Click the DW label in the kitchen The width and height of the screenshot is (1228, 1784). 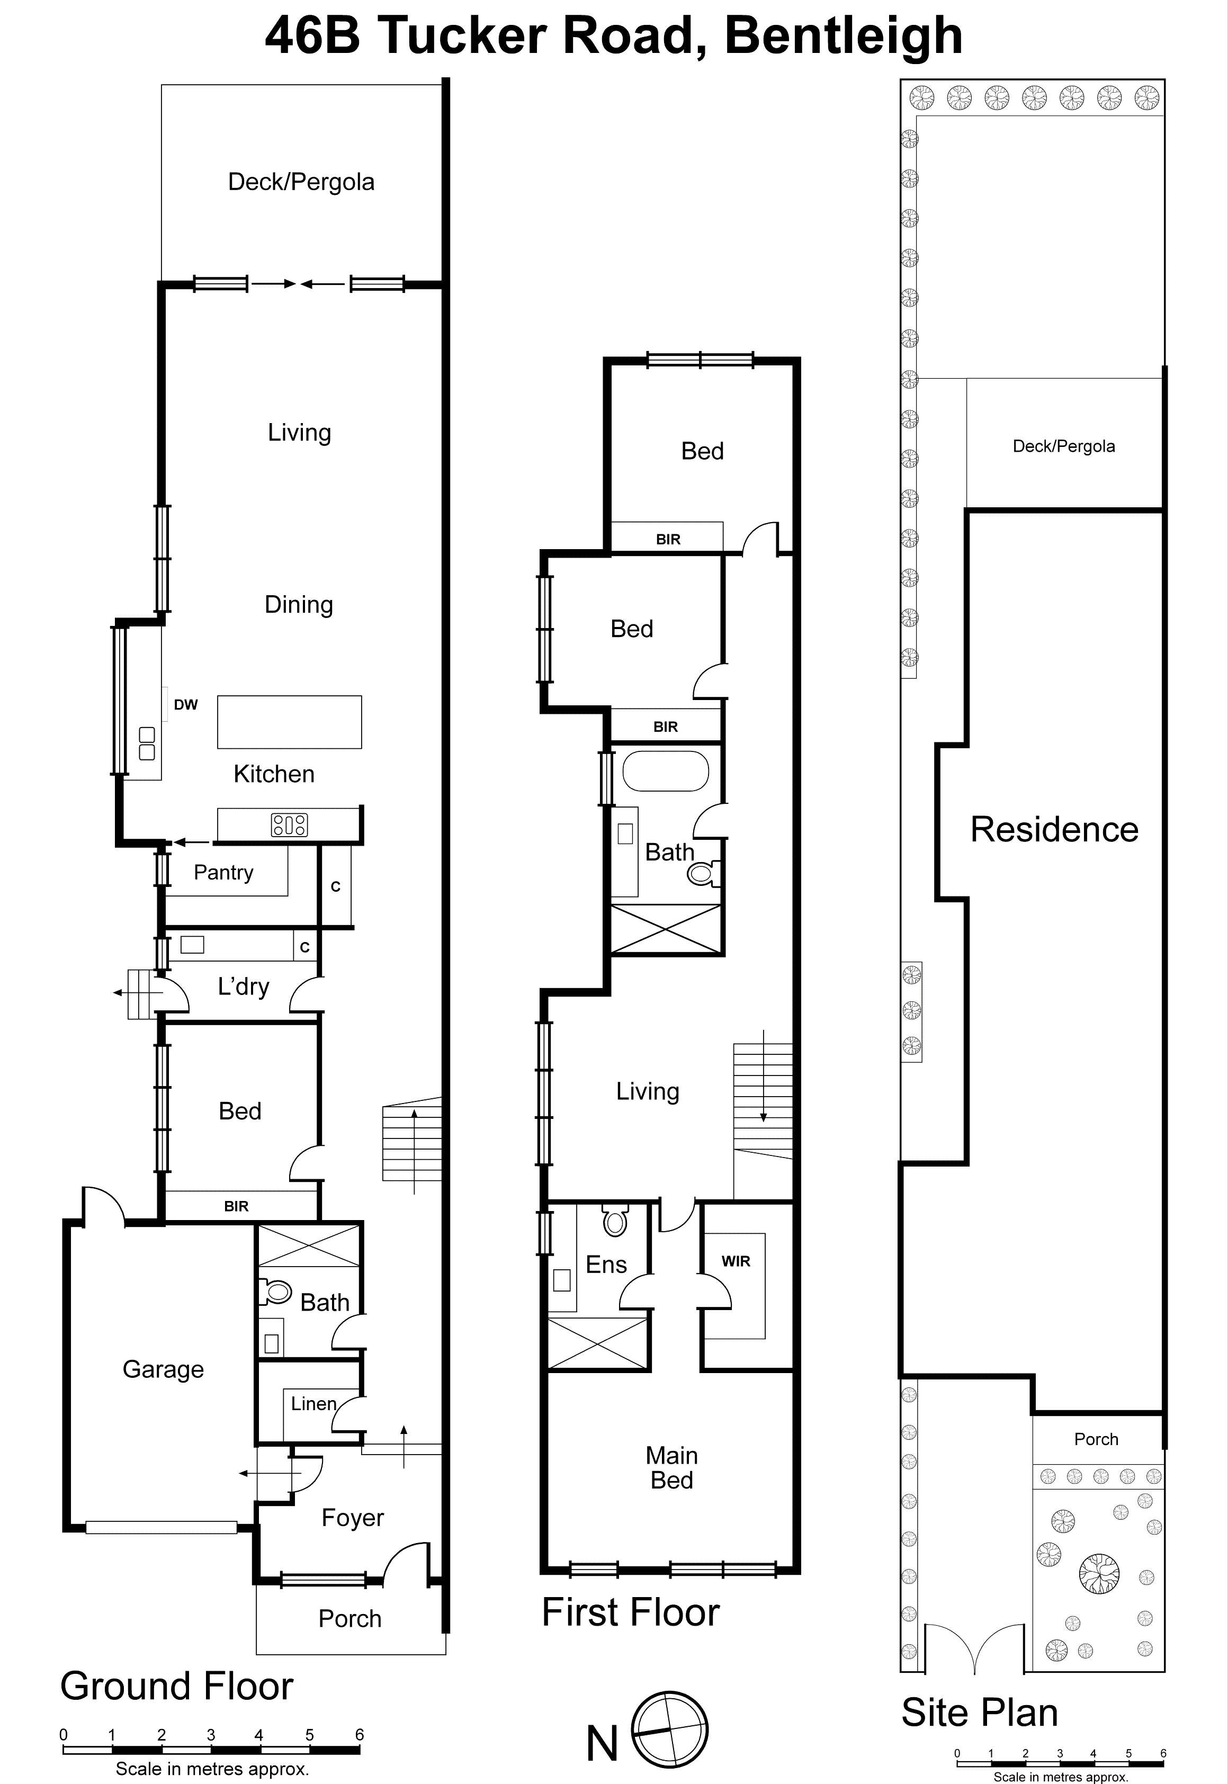pyautogui.click(x=185, y=705)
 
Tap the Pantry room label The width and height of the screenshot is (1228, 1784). pyautogui.click(x=223, y=872)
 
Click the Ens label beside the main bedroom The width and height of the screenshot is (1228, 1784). pyautogui.click(x=606, y=1265)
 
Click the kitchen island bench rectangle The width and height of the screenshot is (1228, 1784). pyautogui.click(x=289, y=722)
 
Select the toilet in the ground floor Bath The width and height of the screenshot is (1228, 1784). pyautogui.click(x=275, y=1292)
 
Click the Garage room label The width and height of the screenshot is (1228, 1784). pyautogui.click(x=163, y=1369)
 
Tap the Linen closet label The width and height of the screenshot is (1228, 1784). pyautogui.click(x=313, y=1404)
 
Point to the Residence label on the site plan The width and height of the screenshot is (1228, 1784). pyautogui.click(x=1054, y=829)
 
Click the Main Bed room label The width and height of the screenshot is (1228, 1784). pyautogui.click(x=671, y=1468)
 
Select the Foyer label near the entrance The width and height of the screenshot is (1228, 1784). pyautogui.click(x=352, y=1518)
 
